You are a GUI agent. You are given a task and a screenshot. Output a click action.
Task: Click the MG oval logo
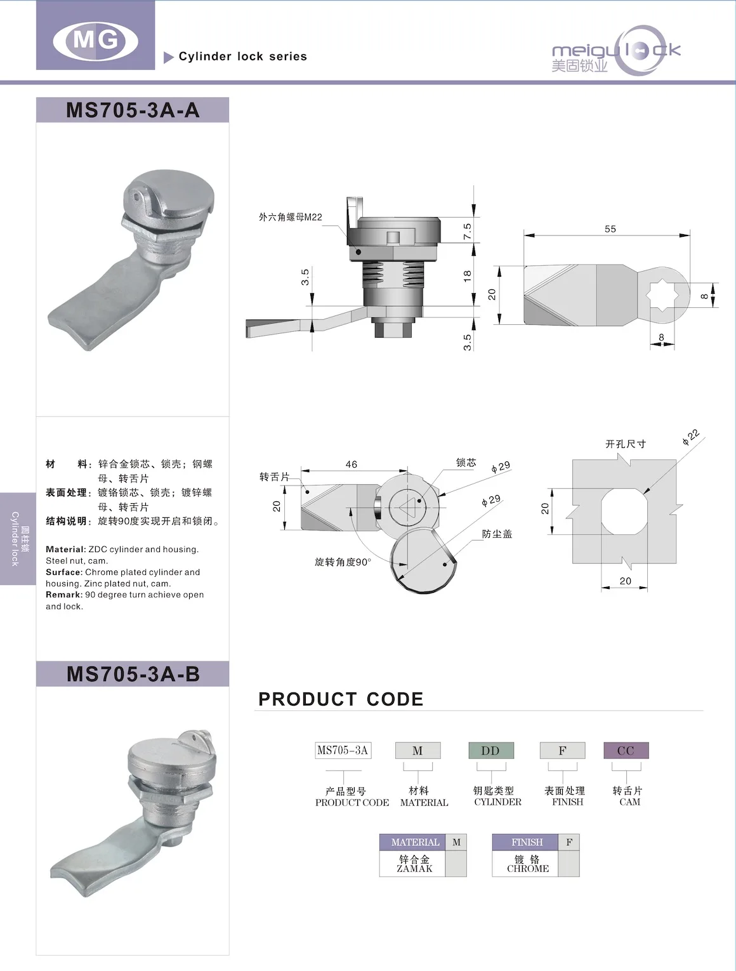click(95, 41)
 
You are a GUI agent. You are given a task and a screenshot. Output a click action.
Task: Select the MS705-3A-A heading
click(133, 110)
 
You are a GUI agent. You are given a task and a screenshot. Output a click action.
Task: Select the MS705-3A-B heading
click(133, 674)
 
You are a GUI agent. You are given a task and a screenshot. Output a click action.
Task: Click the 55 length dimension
click(610, 229)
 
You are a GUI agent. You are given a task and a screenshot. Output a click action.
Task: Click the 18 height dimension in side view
click(468, 276)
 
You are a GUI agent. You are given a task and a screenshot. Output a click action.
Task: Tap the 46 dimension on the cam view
click(351, 465)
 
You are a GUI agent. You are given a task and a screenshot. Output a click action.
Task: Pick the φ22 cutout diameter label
click(690, 437)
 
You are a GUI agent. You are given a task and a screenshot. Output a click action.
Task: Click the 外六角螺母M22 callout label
click(290, 217)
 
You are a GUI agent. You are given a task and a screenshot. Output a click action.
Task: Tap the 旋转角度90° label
click(343, 562)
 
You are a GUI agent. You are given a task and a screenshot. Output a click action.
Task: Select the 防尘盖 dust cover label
click(497, 534)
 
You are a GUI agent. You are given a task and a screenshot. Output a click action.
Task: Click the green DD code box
click(490, 751)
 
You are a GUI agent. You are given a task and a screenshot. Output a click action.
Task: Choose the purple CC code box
click(626, 751)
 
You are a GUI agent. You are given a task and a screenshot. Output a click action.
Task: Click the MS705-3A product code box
click(343, 751)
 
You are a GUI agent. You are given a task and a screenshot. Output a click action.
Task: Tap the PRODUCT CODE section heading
click(341, 699)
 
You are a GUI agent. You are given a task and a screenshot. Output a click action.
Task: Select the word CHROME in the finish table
click(528, 869)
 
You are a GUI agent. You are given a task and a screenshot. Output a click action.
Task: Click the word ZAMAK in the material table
click(414, 869)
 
